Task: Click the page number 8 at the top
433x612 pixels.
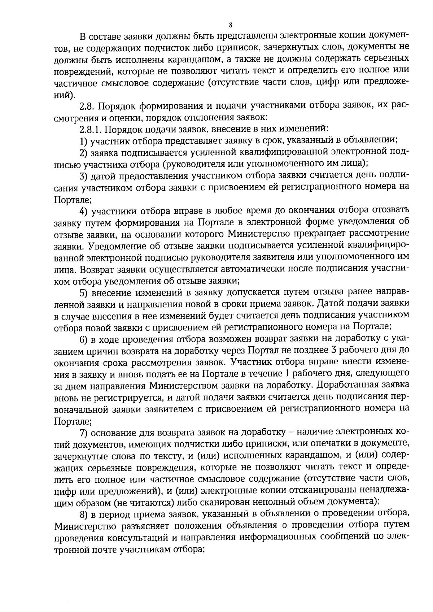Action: click(231, 25)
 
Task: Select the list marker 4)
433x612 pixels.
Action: click(84, 210)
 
